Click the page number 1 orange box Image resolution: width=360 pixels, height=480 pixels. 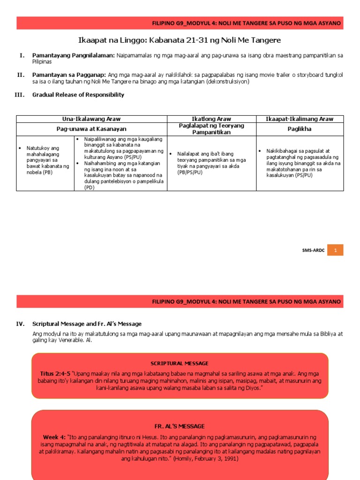(x=335, y=250)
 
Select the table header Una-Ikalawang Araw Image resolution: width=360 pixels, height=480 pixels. (x=91, y=119)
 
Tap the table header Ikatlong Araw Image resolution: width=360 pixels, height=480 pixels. (x=211, y=119)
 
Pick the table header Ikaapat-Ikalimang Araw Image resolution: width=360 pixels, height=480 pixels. (x=300, y=119)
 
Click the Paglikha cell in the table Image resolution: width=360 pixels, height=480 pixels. (x=300, y=128)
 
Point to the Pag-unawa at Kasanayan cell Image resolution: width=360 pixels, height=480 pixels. (x=91, y=128)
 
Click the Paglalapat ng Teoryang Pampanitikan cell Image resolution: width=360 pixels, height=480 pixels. (x=211, y=129)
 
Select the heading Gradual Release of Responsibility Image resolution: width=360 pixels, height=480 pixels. (x=78, y=95)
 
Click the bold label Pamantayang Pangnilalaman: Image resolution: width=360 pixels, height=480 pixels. (x=74, y=55)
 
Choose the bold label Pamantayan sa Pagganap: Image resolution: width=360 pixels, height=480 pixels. (x=69, y=75)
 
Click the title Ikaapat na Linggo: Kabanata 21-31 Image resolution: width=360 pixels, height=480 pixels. (x=180, y=40)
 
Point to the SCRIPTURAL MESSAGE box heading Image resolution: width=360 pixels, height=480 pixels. (x=180, y=363)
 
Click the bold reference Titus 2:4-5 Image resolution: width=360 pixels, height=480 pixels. (x=55, y=373)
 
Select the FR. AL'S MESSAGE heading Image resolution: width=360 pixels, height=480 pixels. (x=180, y=426)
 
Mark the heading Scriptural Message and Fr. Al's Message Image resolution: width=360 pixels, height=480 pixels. (x=87, y=324)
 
